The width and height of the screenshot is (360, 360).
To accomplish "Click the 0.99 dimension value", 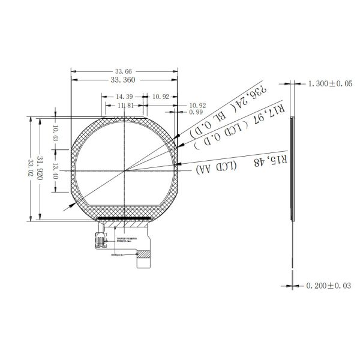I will tap(178, 112).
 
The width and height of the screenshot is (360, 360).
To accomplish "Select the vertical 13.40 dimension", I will tap(55, 171).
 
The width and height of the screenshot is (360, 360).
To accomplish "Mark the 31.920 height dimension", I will tap(40, 169).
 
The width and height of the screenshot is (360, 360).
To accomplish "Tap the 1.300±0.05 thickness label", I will tap(326, 85).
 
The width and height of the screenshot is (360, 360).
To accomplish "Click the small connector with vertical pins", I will tap(99, 240).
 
